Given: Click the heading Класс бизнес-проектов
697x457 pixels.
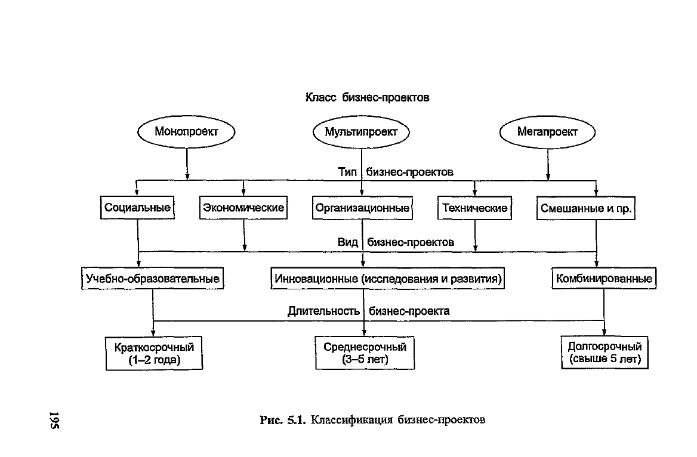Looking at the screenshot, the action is click(x=367, y=97).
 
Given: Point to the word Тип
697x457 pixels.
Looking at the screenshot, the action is click(x=347, y=172).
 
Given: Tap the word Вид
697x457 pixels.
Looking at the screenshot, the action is click(x=348, y=242).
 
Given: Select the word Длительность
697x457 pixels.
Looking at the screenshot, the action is click(x=323, y=311).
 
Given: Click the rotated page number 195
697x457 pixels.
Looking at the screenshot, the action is click(x=55, y=420).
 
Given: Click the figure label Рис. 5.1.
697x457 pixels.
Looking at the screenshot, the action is click(x=283, y=419).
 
